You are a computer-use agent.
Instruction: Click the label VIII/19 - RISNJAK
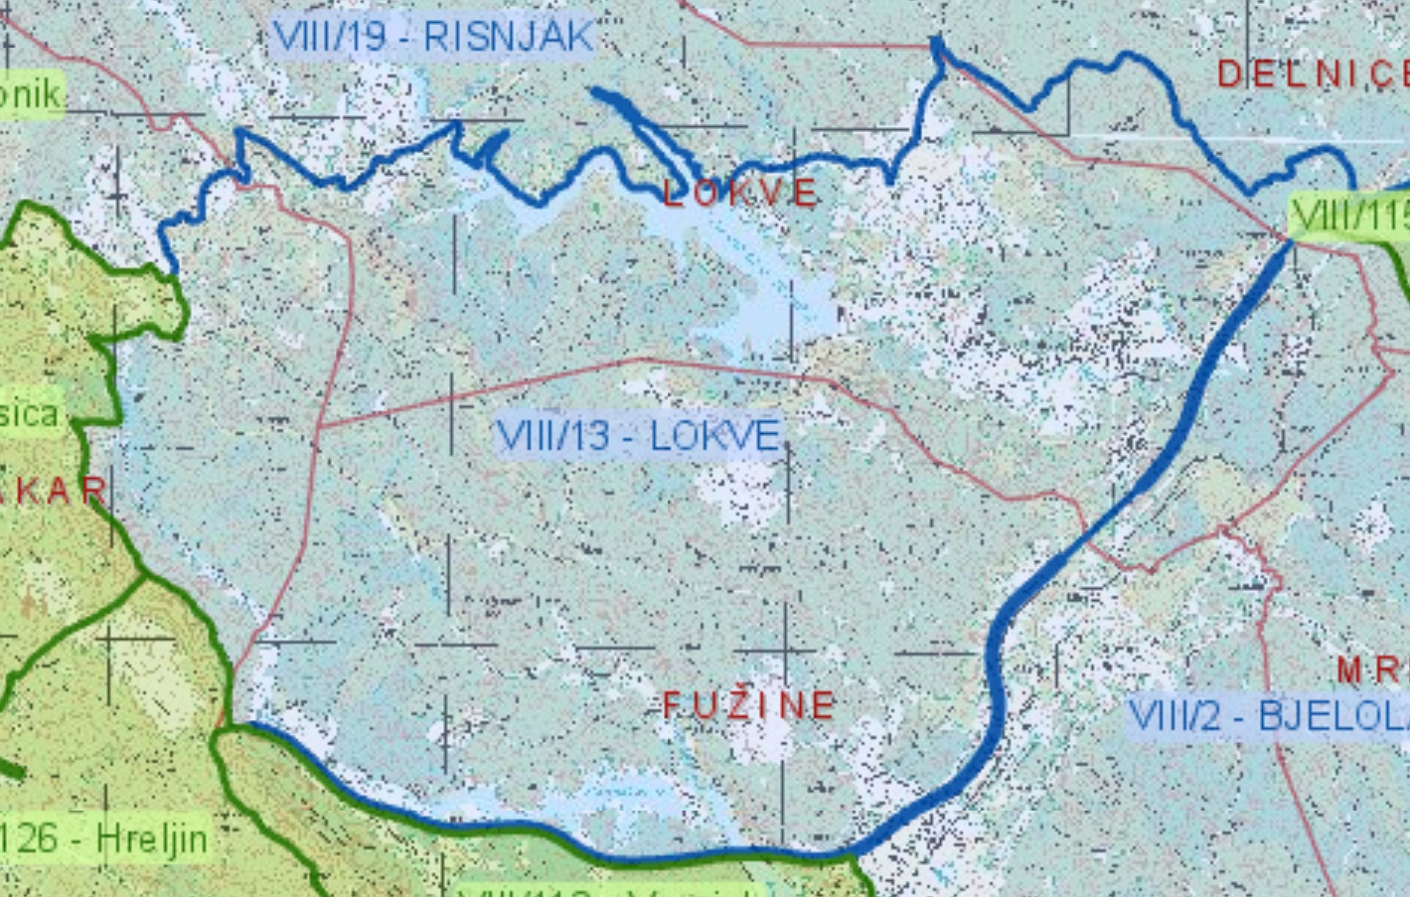pyautogui.click(x=432, y=38)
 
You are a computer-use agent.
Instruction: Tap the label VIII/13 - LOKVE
pyautogui.click(x=638, y=435)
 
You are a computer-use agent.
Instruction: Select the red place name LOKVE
pyautogui.click(x=740, y=194)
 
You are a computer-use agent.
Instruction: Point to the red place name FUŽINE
pyautogui.click(x=749, y=706)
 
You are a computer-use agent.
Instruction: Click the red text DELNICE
pyautogui.click(x=1312, y=74)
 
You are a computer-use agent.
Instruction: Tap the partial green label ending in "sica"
pyautogui.click(x=29, y=413)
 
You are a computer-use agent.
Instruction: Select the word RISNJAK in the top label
pyautogui.click(x=508, y=38)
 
